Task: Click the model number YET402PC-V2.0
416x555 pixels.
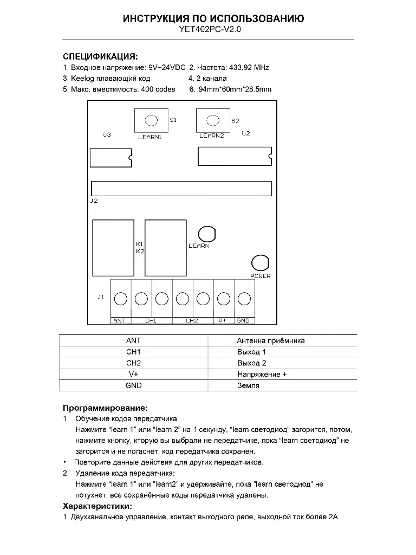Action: (210, 30)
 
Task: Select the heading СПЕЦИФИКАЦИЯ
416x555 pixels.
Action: (100, 56)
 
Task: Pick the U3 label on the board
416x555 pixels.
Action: (107, 134)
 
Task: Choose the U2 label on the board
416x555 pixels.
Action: (246, 133)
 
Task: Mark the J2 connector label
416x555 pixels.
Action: (94, 201)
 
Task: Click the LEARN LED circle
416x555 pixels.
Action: (206, 234)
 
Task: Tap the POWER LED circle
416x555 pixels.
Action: (260, 263)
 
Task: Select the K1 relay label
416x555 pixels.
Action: (140, 244)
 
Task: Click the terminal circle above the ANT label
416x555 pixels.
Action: (121, 299)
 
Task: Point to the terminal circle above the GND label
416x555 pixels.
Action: (244, 299)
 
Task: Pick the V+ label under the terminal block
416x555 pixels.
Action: (223, 321)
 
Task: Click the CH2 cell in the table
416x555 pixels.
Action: (133, 363)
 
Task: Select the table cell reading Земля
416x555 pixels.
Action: (248, 385)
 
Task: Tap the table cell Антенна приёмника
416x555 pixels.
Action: (270, 341)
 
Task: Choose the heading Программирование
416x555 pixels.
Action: (105, 408)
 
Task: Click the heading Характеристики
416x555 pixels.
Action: (97, 506)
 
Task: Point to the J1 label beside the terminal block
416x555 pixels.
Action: (101, 298)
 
